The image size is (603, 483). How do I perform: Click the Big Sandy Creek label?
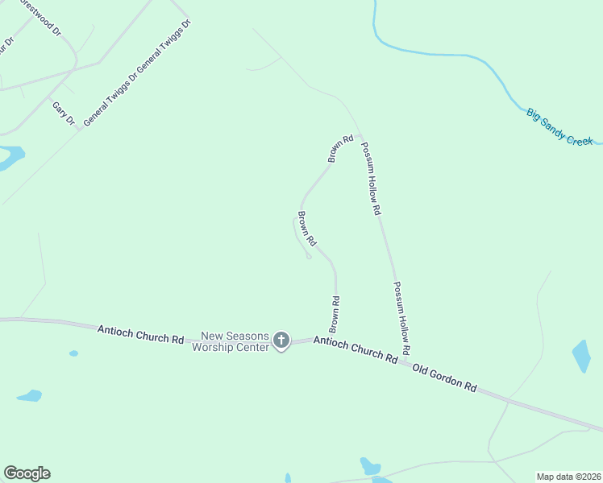(x=559, y=126)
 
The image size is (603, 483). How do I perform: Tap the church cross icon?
(x=281, y=341)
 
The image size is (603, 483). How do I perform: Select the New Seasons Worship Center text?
(x=232, y=341)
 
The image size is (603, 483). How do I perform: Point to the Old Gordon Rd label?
(x=444, y=377)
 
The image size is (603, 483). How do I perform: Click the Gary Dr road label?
(x=63, y=114)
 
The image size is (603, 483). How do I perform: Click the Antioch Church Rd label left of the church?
(x=140, y=334)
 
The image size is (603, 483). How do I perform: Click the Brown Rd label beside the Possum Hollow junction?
(x=340, y=149)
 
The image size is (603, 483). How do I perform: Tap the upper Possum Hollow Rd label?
(x=371, y=178)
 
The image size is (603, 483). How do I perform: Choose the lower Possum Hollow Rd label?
(x=402, y=317)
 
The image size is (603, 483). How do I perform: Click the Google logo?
(x=27, y=473)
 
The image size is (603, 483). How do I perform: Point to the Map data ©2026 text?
(x=568, y=477)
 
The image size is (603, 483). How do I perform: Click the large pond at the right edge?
(x=581, y=356)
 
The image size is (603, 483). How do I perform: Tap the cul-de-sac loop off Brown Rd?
(x=309, y=257)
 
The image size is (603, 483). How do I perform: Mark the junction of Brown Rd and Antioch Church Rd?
(x=335, y=338)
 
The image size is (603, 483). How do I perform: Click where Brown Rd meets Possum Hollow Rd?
(x=360, y=135)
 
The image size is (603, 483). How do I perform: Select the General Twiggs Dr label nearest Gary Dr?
(x=110, y=96)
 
